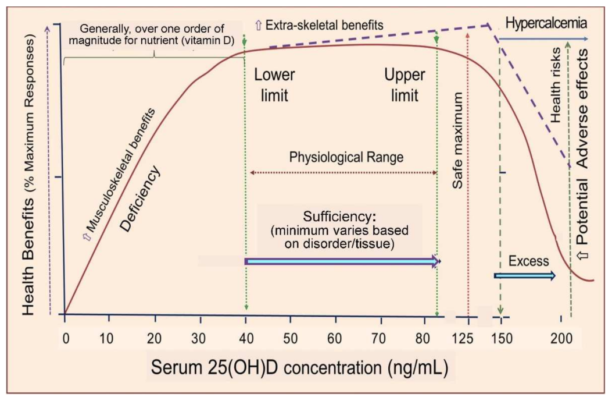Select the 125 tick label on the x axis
click(468, 338)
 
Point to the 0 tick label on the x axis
click(65, 338)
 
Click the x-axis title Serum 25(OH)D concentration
click(303, 368)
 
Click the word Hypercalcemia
click(546, 24)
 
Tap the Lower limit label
click(274, 85)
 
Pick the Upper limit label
click(405, 85)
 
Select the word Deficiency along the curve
click(139, 200)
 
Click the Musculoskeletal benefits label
click(121, 169)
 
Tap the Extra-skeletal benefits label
click(319, 25)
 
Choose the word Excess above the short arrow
click(528, 261)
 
